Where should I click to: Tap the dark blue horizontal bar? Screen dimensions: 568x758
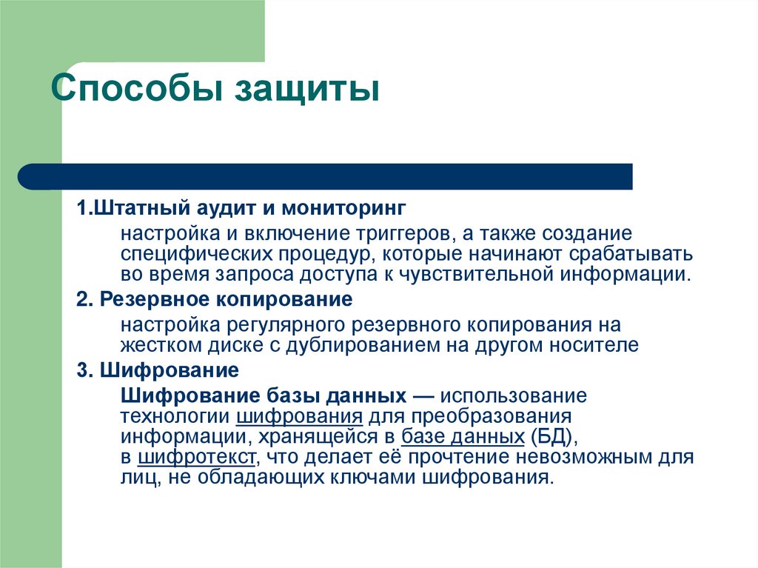point(326,177)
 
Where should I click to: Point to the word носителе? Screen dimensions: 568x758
point(593,344)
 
